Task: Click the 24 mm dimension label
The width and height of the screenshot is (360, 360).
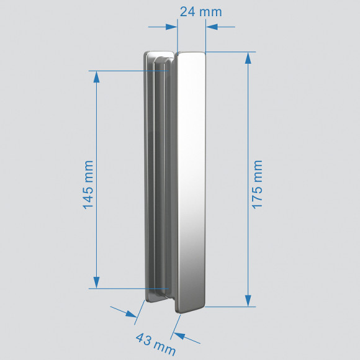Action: click(200, 12)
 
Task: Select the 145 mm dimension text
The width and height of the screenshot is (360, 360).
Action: click(88, 184)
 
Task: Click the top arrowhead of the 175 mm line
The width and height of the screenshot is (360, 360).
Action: click(248, 58)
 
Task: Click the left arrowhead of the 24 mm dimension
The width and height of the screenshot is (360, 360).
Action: click(172, 27)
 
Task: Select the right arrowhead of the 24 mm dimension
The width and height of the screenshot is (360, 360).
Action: click(212, 27)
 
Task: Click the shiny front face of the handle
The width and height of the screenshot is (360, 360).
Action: click(192, 186)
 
